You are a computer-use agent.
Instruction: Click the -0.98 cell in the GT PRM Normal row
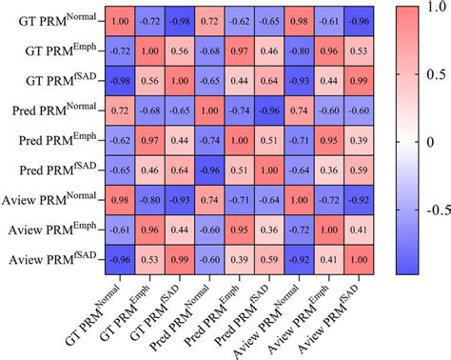[180, 21]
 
